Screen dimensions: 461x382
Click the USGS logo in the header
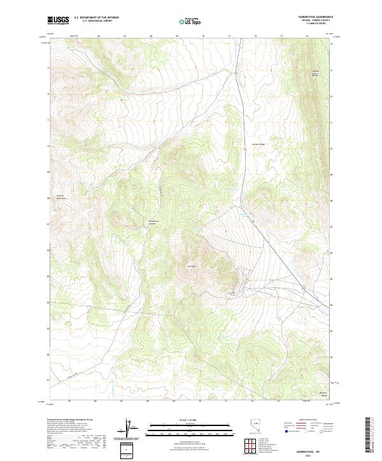point(58,21)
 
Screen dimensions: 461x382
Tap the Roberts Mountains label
point(61,197)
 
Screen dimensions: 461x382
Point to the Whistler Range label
point(323,394)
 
